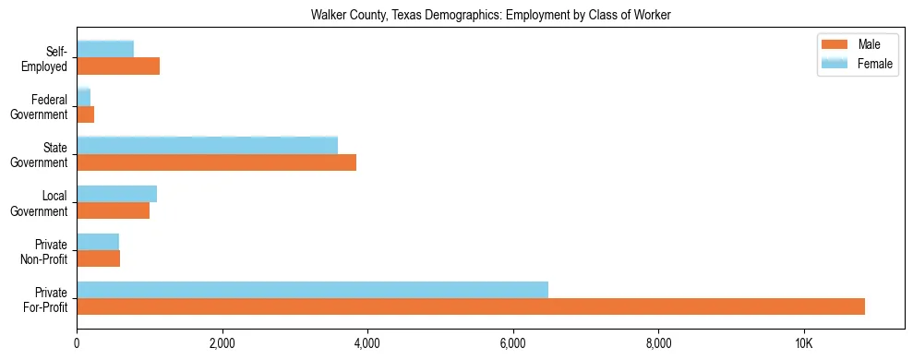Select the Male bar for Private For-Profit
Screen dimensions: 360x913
pyautogui.click(x=471, y=306)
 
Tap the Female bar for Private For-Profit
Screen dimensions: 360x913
pyautogui.click(x=312, y=290)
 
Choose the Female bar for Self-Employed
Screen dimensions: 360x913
pyautogui.click(x=105, y=49)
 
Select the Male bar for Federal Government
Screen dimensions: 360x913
pyautogui.click(x=85, y=114)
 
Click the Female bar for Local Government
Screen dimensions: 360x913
pyautogui.click(x=116, y=194)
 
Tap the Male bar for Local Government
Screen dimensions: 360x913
pyautogui.click(x=113, y=210)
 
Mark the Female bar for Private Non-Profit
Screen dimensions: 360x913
pyautogui.click(x=98, y=242)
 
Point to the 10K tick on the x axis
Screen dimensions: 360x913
pyautogui.click(x=803, y=344)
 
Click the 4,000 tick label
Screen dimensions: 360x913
pyautogui.click(x=367, y=344)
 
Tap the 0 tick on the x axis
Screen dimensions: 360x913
pyautogui.click(x=77, y=344)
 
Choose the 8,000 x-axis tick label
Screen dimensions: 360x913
pyautogui.click(x=658, y=344)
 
